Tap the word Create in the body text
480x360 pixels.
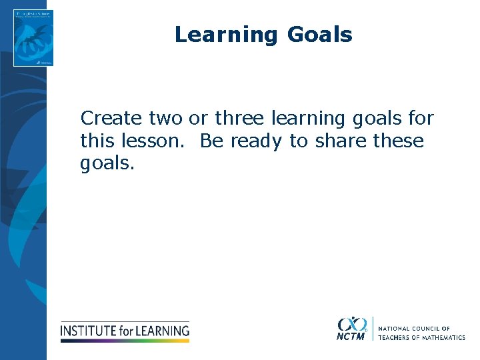coord(111,119)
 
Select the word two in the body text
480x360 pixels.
coord(165,119)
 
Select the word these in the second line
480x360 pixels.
coord(399,141)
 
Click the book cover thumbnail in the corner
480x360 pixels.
coord(33,38)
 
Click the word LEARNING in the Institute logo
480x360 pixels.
coord(163,330)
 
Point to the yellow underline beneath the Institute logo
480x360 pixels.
coord(125,340)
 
